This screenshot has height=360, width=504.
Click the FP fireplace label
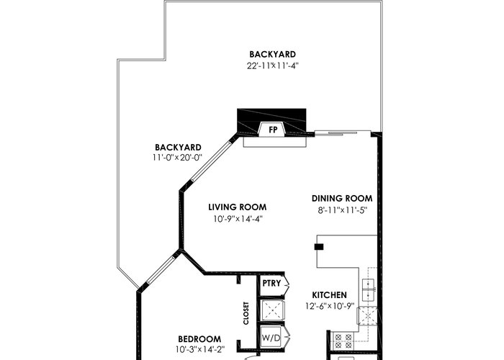[x=273, y=130]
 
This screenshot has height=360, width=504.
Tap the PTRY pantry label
[x=271, y=283]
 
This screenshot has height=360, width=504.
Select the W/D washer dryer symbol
[x=271, y=338]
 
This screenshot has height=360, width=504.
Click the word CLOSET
[x=246, y=313]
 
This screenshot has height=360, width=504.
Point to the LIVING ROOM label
[x=238, y=207]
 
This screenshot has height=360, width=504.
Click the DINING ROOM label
[x=342, y=199]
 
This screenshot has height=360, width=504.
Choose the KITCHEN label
[x=330, y=294]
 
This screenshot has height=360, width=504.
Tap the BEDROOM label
[x=199, y=339]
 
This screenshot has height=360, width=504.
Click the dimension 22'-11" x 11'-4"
[x=273, y=66]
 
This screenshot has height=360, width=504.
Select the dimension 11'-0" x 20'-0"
[x=177, y=158]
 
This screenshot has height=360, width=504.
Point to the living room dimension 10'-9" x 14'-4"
[x=238, y=219]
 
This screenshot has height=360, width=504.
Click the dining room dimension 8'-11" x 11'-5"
[x=342, y=210]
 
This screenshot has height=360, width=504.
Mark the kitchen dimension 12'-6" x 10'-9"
[x=330, y=306]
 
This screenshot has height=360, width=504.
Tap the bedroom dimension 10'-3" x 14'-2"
[x=200, y=349]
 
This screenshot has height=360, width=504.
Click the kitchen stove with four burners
[x=343, y=341]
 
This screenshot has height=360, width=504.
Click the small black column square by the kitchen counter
[x=319, y=247]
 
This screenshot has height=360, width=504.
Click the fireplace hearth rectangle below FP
[x=275, y=142]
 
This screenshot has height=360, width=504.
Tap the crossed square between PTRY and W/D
[x=272, y=310]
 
